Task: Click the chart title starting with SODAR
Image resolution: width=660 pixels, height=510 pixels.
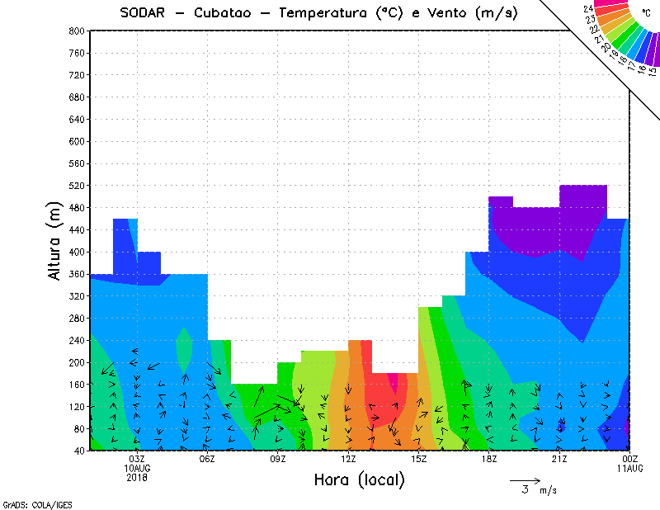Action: coord(318,12)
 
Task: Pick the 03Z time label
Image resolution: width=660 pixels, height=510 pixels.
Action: coord(137,459)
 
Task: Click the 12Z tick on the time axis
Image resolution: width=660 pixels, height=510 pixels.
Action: coord(348,459)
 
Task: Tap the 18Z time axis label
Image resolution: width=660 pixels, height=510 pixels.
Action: coord(489,459)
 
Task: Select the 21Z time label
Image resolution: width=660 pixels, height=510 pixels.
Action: coord(559,459)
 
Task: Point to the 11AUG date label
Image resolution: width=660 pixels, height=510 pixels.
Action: coord(630,468)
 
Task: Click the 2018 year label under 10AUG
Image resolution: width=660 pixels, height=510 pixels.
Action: coord(137,477)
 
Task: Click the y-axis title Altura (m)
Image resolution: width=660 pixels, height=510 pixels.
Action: coord(55,241)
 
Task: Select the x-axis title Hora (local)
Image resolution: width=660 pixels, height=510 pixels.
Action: coord(359,479)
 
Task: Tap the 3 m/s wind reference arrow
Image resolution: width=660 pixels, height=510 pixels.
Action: coord(525,480)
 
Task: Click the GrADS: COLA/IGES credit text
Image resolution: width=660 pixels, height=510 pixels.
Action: coord(25,503)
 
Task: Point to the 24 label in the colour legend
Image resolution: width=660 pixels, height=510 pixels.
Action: coord(587,8)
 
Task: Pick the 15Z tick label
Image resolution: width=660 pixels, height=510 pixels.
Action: coord(418,459)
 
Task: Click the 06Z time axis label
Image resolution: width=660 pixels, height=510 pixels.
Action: coord(207,459)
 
